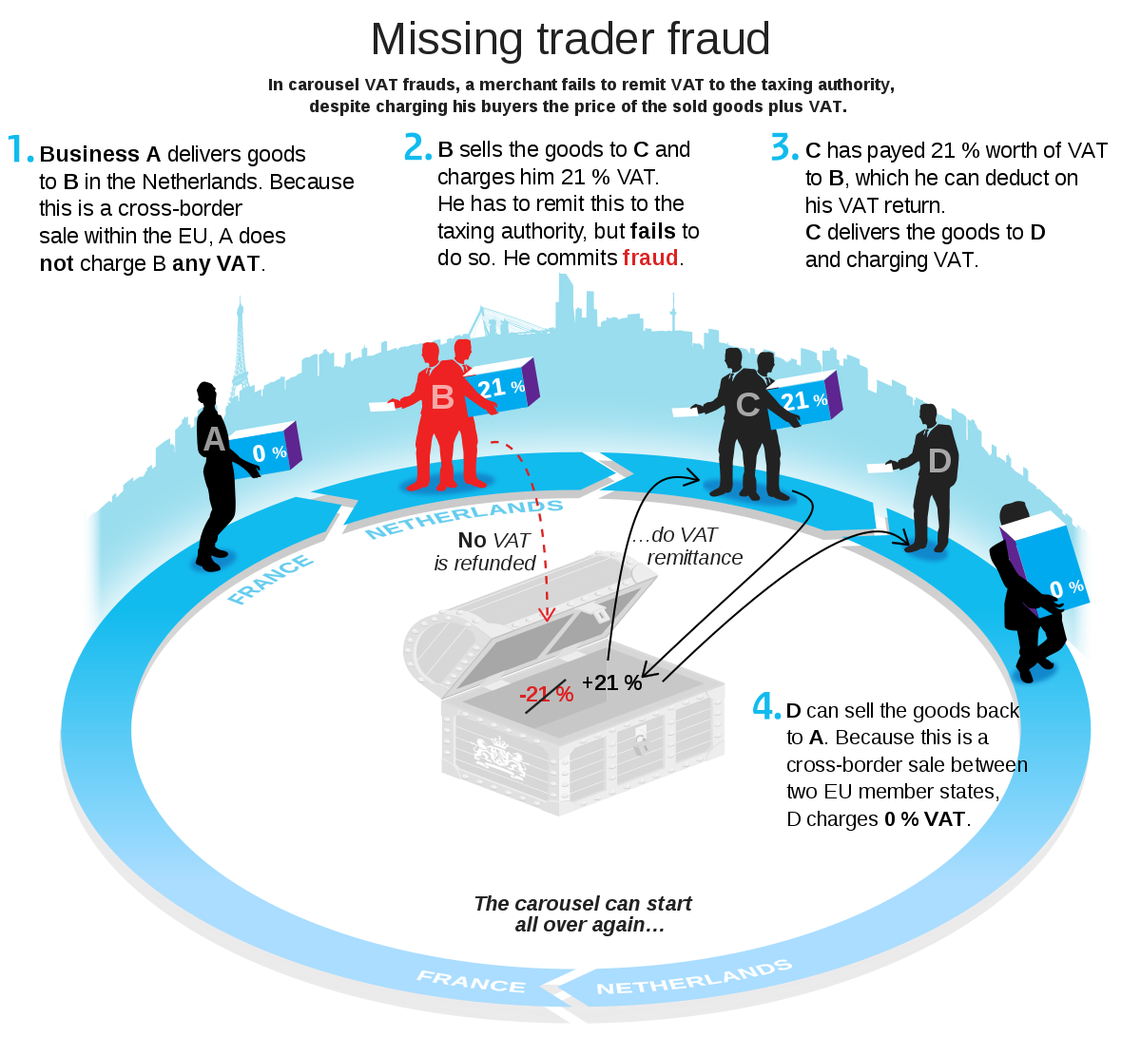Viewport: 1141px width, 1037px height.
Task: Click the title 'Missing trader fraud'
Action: pyautogui.click(x=570, y=39)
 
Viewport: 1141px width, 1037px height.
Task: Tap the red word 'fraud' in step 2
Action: pyautogui.click(x=650, y=258)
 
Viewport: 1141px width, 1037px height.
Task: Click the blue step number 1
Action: pyautogui.click(x=20, y=149)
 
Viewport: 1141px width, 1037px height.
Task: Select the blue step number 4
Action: pyautogui.click(x=765, y=706)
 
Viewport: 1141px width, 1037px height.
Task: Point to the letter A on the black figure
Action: pyautogui.click(x=214, y=439)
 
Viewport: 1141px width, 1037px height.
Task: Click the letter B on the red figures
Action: pyautogui.click(x=442, y=397)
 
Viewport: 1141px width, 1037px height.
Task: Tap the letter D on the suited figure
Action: pyautogui.click(x=939, y=461)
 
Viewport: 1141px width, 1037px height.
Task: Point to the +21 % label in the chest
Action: pyautogui.click(x=611, y=682)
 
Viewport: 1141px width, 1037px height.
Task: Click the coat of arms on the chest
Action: pyautogui.click(x=500, y=757)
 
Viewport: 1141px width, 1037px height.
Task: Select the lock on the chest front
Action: pyautogui.click(x=641, y=740)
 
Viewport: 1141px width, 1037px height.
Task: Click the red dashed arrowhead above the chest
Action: pyautogui.click(x=547, y=614)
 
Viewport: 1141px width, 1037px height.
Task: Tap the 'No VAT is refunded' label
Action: pyautogui.click(x=485, y=551)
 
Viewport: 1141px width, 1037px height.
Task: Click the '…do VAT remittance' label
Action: pyautogui.click(x=687, y=547)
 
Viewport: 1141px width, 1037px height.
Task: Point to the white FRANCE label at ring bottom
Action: pyautogui.click(x=471, y=982)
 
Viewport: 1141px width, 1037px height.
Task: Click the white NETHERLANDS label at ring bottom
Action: pyautogui.click(x=694, y=977)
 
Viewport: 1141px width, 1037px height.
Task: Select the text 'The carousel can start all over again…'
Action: pyautogui.click(x=583, y=913)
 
